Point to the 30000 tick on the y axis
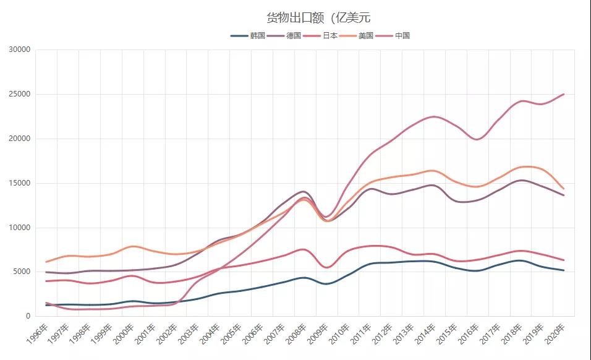coord(20,50)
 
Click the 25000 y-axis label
coord(20,95)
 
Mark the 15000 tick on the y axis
coord(20,183)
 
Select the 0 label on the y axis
coord(28,317)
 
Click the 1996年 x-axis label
coord(37,334)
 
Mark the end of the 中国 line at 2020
coord(564,95)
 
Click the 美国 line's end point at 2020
coord(564,189)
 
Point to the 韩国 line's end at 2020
coord(564,270)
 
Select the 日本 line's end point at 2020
coord(564,260)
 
